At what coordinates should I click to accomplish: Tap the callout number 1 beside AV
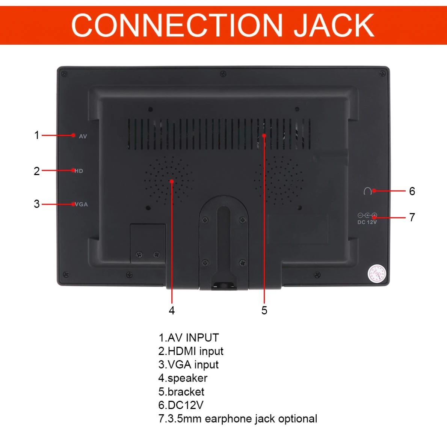click(37, 135)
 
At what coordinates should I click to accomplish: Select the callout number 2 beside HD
click(37, 171)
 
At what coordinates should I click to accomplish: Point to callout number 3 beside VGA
click(37, 204)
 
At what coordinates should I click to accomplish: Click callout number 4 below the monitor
click(172, 310)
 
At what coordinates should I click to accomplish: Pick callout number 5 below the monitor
click(264, 310)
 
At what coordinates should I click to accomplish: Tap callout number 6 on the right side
click(412, 191)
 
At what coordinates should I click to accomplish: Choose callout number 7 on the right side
click(412, 217)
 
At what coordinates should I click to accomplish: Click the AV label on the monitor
click(83, 136)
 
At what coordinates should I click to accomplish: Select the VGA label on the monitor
click(81, 204)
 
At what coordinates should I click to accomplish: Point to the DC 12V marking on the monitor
click(367, 222)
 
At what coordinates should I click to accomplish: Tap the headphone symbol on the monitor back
click(367, 191)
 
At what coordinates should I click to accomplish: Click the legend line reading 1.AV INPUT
click(189, 338)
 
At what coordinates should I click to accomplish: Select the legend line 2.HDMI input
click(191, 351)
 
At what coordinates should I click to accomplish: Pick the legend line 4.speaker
click(183, 378)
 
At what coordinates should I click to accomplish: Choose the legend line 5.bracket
click(181, 391)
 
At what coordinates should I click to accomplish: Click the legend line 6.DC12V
click(181, 405)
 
